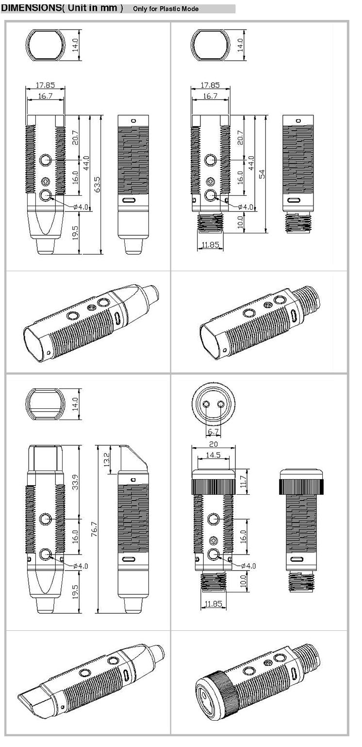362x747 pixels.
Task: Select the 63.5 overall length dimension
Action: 97,185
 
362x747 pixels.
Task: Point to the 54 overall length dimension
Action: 263,174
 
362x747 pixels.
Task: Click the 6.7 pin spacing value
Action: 213,431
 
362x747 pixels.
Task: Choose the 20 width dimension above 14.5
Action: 213,444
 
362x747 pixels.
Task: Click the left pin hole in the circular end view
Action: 207,405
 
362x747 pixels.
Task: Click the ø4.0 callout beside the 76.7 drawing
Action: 81,566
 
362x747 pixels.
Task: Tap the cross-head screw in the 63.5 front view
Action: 46,182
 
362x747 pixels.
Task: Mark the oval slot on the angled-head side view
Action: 128,559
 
